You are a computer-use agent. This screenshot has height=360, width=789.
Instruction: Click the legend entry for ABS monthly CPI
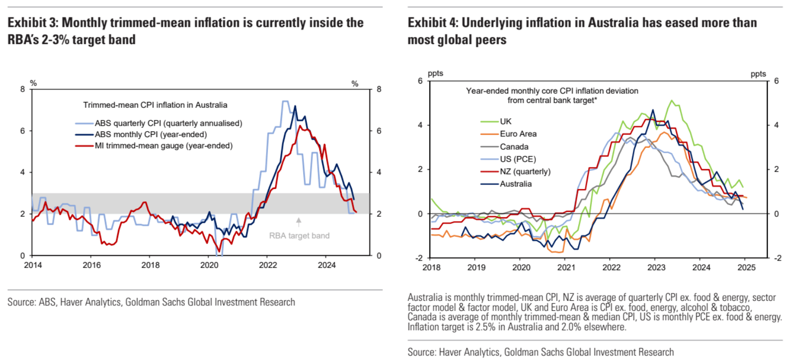151,134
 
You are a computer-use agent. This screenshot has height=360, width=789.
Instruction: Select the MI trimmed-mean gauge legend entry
164,146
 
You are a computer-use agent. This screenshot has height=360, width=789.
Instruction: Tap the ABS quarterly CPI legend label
169,123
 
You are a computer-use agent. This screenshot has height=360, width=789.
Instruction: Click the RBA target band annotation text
299,236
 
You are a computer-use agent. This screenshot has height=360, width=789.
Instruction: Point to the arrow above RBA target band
299,222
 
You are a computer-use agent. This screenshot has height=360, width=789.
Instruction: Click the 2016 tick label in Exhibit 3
92,265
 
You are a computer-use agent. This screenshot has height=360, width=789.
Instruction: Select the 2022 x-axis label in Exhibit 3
268,265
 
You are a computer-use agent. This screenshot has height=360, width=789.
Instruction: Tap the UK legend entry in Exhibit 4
506,121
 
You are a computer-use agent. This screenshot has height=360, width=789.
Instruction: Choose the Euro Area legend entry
518,134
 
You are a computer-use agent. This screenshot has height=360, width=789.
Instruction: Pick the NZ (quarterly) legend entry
525,172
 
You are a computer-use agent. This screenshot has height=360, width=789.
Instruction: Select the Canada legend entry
514,147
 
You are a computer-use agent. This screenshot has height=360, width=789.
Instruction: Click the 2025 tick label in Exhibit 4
746,268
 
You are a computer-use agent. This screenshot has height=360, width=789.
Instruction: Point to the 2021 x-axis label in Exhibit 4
566,268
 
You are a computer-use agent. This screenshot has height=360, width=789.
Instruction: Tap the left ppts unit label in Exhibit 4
436,74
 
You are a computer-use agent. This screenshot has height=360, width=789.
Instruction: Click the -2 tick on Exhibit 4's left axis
419,258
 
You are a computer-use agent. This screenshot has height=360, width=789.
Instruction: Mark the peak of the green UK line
672,100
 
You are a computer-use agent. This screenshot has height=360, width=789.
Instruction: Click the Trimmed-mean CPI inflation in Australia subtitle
155,105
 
